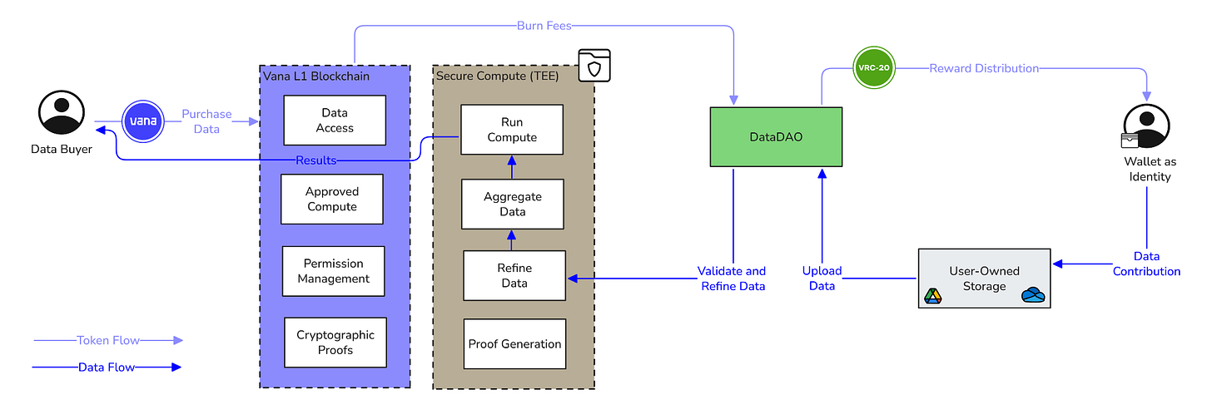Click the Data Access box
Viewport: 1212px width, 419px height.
[335, 121]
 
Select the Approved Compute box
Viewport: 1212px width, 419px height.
[332, 200]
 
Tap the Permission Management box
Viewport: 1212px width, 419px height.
[333, 271]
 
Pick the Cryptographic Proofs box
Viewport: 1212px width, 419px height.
[335, 343]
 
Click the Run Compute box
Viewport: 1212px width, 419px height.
[512, 129]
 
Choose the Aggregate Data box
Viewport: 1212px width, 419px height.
[512, 205]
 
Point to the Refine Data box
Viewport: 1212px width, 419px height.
[514, 276]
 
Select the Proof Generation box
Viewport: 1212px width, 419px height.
[514, 344]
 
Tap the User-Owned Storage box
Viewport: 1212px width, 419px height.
[984, 279]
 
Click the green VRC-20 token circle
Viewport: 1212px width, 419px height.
[874, 69]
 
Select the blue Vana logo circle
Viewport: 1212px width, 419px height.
[144, 121]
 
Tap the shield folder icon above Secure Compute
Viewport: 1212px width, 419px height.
[594, 66]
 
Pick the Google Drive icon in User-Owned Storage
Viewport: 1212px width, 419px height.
[932, 296]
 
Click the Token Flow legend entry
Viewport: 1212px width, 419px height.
[107, 340]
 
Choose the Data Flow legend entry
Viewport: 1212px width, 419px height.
[107, 367]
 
